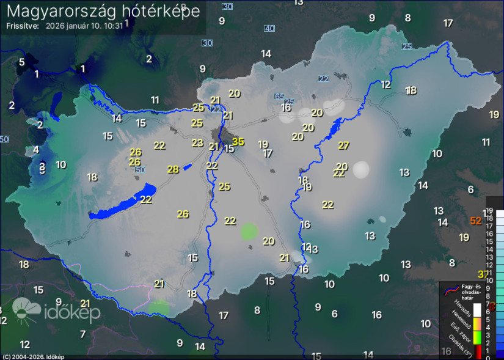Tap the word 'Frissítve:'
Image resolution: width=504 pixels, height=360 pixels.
(x=23, y=26)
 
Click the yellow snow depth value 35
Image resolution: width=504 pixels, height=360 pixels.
(x=238, y=142)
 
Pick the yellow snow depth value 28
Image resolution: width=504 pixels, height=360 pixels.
(x=173, y=169)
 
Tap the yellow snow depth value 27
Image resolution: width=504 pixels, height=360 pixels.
(x=344, y=145)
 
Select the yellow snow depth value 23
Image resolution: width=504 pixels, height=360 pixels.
(x=197, y=143)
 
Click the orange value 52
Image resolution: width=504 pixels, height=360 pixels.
(x=476, y=221)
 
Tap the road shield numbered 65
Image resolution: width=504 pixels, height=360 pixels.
(x=279, y=97)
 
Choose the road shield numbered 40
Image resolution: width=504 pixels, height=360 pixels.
(x=269, y=28)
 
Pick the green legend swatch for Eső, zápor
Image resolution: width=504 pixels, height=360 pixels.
(x=477, y=335)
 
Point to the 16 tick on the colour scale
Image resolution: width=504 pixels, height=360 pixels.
(x=489, y=233)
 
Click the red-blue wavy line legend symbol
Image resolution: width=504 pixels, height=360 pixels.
(x=450, y=288)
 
